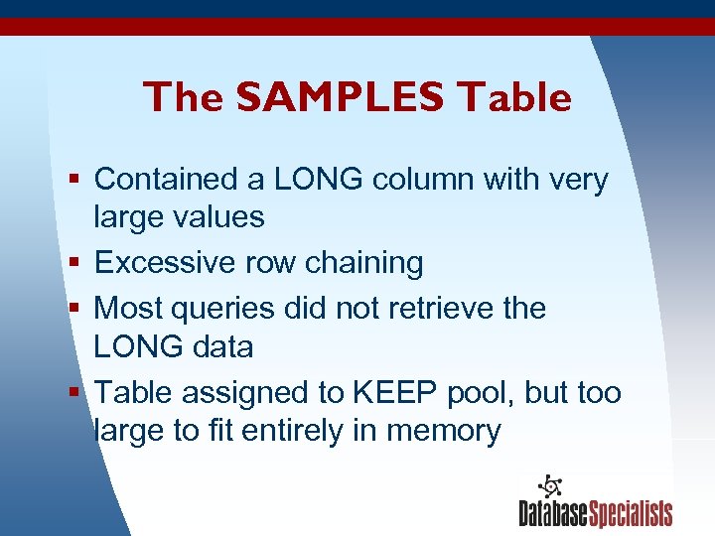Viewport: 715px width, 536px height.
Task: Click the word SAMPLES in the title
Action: pyautogui.click(x=341, y=97)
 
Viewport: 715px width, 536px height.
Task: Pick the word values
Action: pyautogui.click(x=217, y=217)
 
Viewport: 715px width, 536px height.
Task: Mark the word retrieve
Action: pyautogui.click(x=433, y=308)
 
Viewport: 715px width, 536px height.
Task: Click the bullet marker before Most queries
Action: pyautogui.click(x=75, y=309)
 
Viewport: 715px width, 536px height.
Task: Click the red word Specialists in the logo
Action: pyautogui.click(x=631, y=514)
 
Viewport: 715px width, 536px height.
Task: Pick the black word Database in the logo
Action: pyautogui.click(x=553, y=514)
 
